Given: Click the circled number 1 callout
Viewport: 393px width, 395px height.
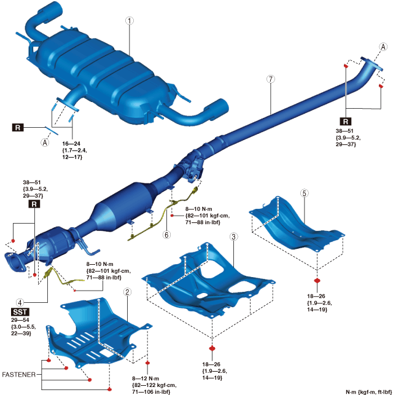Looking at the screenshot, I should pyautogui.click(x=129, y=20).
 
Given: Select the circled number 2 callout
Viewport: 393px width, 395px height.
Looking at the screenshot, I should pyautogui.click(x=126, y=292).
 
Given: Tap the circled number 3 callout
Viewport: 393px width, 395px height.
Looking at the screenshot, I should pyautogui.click(x=233, y=237).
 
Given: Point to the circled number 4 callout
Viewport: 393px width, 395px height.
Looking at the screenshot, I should pyautogui.click(x=20, y=302).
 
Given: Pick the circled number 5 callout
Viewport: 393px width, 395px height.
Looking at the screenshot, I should pyautogui.click(x=304, y=193).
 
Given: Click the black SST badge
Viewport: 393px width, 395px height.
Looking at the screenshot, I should pyautogui.click(x=20, y=313).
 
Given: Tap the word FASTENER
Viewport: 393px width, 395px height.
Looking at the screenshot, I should pyautogui.click(x=21, y=373).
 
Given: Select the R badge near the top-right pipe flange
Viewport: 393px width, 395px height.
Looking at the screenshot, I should pyautogui.click(x=346, y=121).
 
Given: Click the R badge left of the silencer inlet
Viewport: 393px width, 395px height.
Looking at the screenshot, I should pyautogui.click(x=18, y=128).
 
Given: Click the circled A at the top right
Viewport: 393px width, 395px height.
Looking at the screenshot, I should pyautogui.click(x=384, y=47).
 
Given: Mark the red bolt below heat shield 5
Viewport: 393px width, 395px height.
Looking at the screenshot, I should pyautogui.click(x=317, y=281).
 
